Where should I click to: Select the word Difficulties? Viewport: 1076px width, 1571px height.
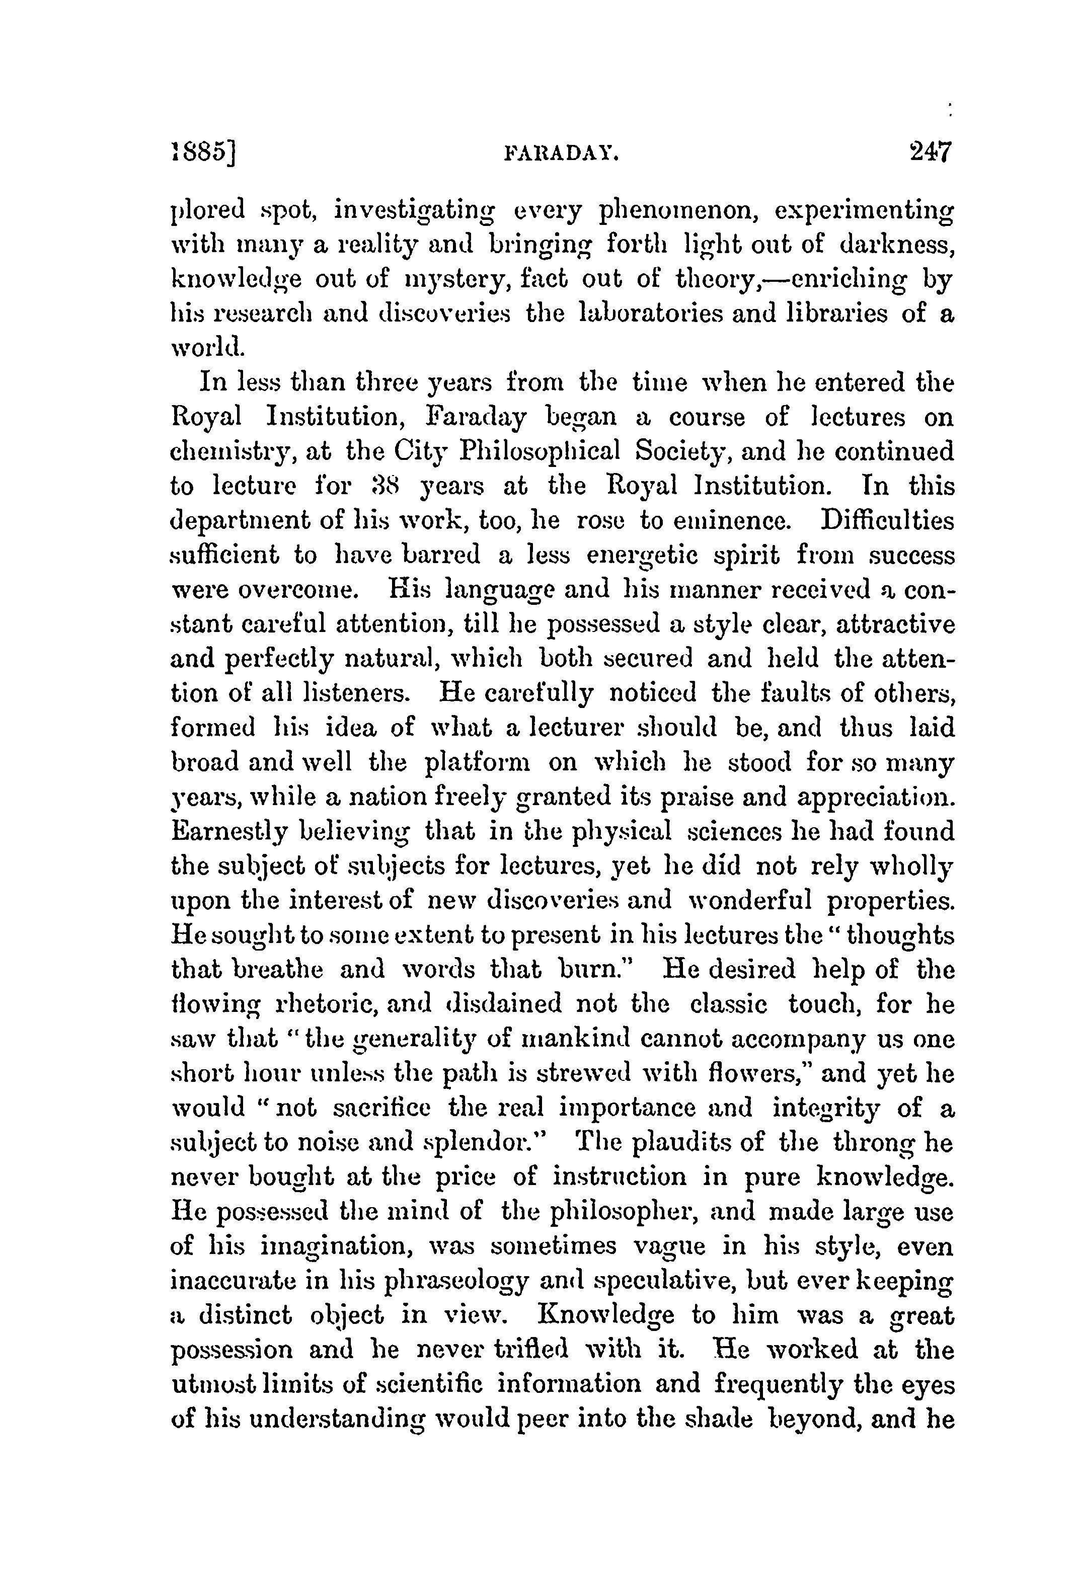887,520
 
